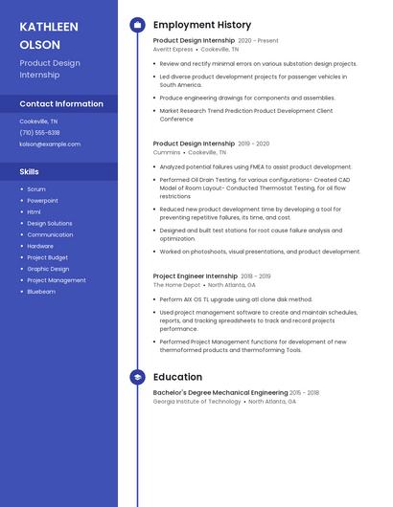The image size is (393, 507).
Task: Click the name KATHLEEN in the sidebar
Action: [47, 26]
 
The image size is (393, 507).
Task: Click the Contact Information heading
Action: [61, 103]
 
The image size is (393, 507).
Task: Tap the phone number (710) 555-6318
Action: [39, 133]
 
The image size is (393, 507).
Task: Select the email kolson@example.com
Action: [50, 144]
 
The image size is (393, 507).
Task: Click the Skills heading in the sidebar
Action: [30, 171]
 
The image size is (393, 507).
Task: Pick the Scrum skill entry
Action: [36, 189]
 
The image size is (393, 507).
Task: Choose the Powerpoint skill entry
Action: [42, 201]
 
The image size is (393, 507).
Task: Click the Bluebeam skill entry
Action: [41, 291]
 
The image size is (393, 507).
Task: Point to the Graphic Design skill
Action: [48, 269]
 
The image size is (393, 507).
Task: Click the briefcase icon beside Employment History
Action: [137, 25]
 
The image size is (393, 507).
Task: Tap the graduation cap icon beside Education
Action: [137, 377]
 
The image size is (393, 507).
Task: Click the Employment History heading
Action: [201, 25]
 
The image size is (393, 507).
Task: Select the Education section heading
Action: [177, 377]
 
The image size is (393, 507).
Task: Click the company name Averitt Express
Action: [173, 49]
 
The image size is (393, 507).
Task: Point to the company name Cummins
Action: [167, 152]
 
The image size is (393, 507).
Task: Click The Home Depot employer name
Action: [176, 284]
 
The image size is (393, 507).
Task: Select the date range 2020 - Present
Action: [258, 40]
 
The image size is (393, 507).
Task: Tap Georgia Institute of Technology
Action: [196, 402]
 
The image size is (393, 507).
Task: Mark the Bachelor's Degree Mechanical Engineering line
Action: [220, 392]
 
